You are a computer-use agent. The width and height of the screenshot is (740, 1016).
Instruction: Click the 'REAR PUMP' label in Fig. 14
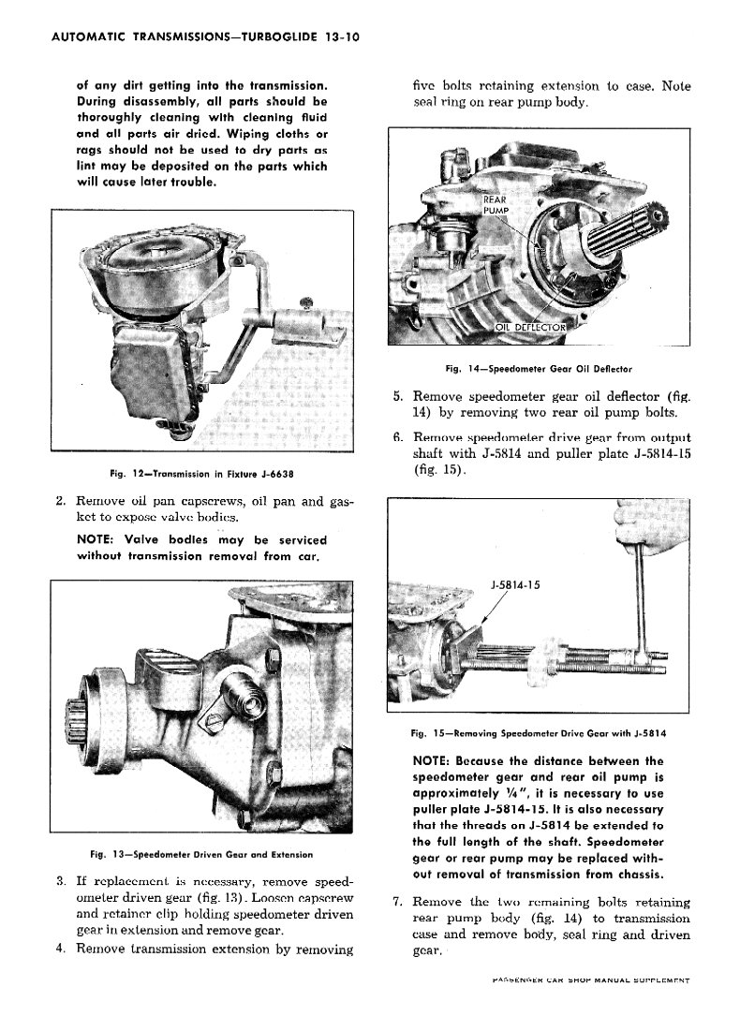495,206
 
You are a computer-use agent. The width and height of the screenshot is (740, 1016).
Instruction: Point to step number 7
397,902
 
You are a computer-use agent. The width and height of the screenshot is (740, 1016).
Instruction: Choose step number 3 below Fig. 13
61,881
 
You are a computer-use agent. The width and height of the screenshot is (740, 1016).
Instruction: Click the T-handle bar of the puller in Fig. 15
640,599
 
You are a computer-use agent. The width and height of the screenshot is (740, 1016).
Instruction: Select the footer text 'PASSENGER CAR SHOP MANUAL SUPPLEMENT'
590,979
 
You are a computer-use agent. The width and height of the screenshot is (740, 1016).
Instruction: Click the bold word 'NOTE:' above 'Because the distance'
434,760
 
